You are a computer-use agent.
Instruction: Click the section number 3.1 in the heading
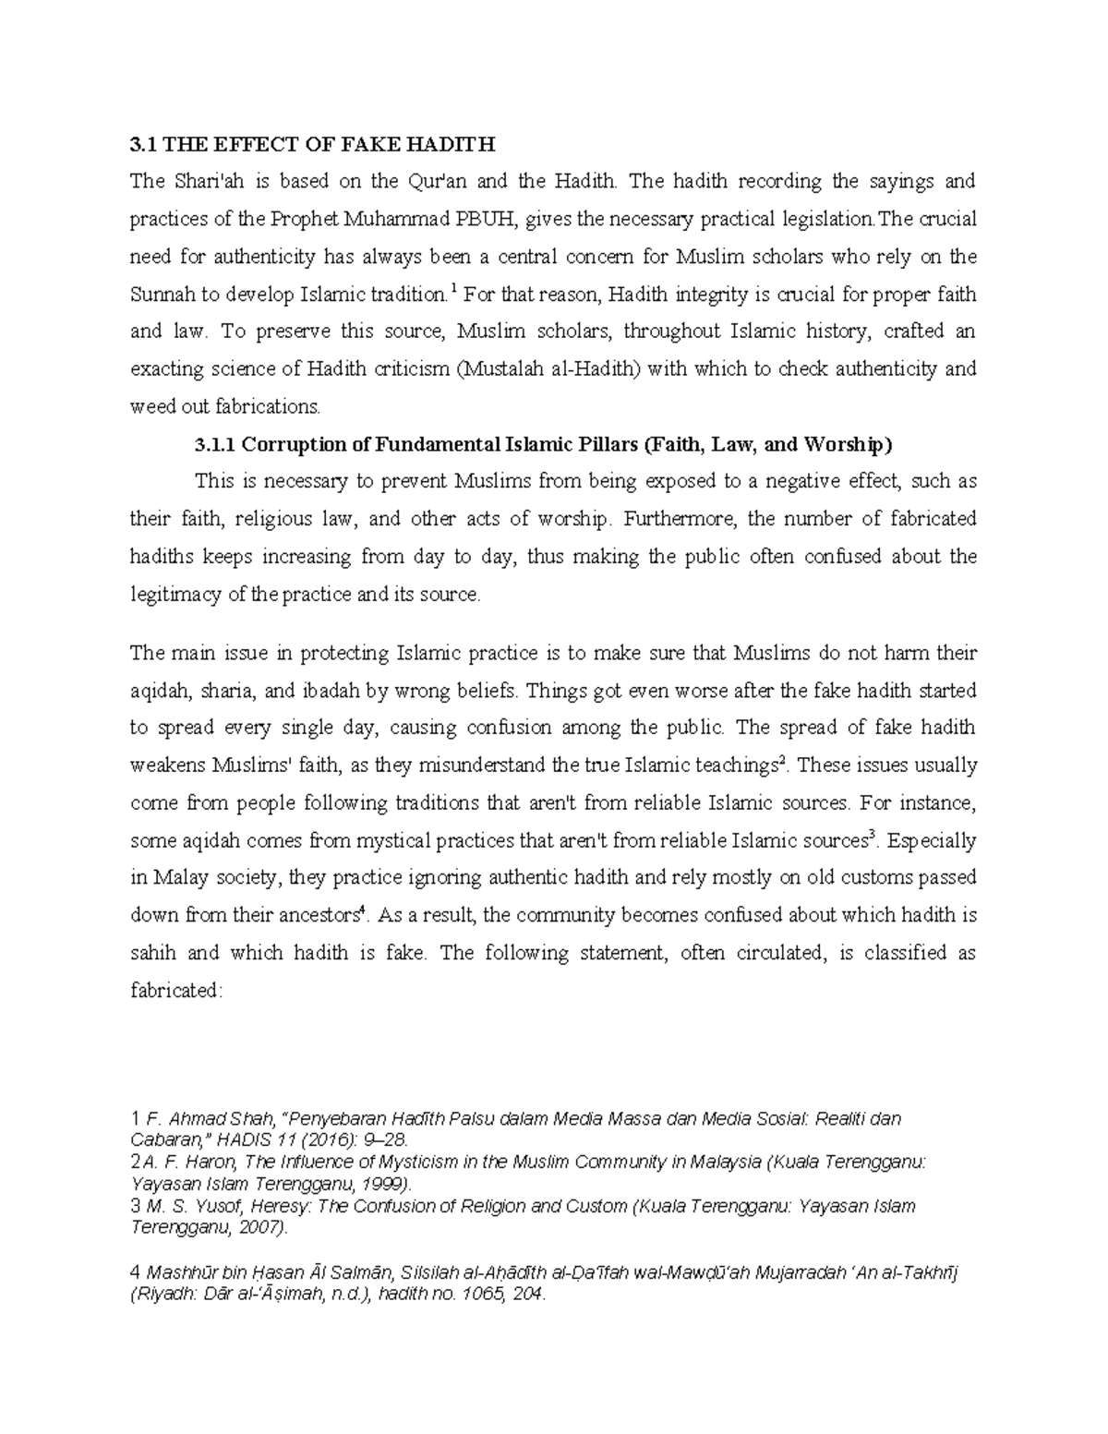[x=140, y=144]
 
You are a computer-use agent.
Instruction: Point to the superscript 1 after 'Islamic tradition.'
[x=452, y=289]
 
